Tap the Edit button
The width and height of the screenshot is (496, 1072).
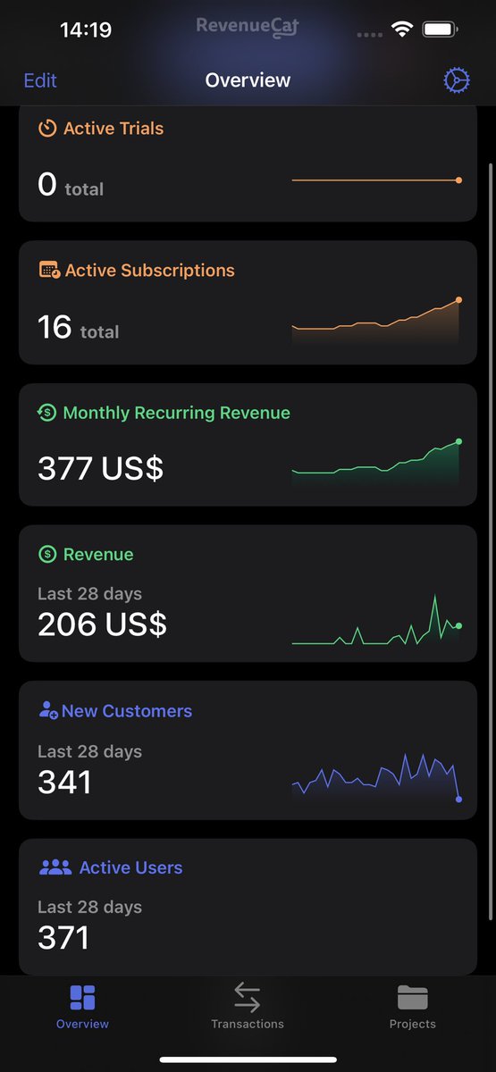coord(40,80)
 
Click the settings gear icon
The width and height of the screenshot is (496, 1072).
coord(457,80)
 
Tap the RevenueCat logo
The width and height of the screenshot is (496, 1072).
coord(248,27)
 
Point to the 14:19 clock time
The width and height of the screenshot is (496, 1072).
coord(86,29)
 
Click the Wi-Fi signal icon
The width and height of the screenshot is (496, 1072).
coord(401,29)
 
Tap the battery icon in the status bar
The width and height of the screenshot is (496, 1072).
coord(440,29)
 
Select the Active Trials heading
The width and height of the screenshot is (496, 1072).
coord(113,129)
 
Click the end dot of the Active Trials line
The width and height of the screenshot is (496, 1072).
coord(458,180)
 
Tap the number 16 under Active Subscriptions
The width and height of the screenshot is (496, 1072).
coord(55,327)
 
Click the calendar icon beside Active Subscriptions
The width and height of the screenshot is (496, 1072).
coord(49,270)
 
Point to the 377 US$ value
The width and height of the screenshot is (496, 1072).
coord(100,468)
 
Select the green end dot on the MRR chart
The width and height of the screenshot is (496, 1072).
coord(458,441)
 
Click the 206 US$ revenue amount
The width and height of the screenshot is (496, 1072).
coord(102,624)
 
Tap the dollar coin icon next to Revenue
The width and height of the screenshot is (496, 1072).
coord(47,554)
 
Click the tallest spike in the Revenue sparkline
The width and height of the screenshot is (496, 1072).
coord(434,595)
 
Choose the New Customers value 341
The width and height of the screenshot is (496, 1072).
coord(64,782)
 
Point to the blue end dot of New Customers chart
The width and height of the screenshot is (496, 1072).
coord(458,800)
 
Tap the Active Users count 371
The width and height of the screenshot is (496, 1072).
coord(63,937)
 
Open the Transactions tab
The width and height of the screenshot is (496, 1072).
coord(248,1006)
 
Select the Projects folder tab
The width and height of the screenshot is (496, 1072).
coord(412,1006)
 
